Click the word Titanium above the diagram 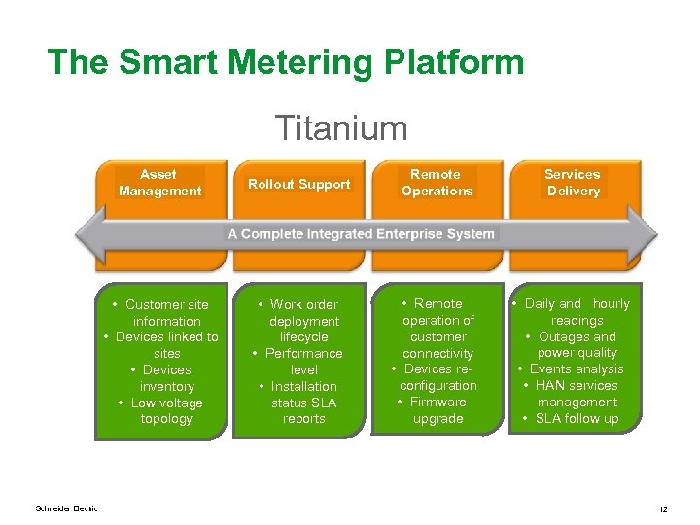340,128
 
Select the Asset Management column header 159,183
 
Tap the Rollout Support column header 298,184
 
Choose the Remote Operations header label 437,183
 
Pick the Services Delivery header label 573,183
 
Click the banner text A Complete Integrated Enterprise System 361,233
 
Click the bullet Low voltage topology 165,411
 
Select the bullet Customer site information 166,313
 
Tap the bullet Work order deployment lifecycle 303,321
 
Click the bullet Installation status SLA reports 303,402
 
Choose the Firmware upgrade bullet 437,410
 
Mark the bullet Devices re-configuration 437,377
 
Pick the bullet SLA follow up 577,419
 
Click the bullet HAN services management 577,394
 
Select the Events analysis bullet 577,369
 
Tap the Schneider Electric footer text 66,508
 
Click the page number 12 662,509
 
